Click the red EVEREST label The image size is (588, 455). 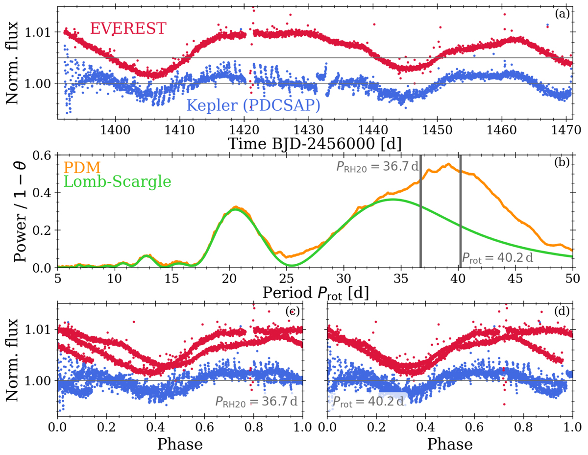(x=128, y=28)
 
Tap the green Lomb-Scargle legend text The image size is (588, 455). (x=118, y=182)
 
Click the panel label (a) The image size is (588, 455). (x=562, y=14)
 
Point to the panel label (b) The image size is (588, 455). (x=562, y=162)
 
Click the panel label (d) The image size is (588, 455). (x=562, y=312)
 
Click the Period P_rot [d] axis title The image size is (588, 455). (x=316, y=293)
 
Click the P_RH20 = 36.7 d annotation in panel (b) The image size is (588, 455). (x=377, y=166)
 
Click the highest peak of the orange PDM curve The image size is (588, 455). (x=448, y=164)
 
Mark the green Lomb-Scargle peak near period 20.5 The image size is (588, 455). (x=236, y=209)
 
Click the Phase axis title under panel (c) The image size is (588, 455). (x=180, y=444)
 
